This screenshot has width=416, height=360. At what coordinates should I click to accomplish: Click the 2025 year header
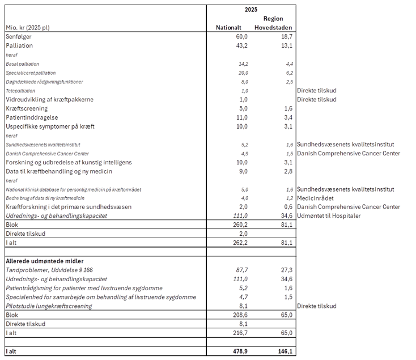click(251, 10)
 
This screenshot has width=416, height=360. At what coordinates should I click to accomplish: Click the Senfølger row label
click(18, 37)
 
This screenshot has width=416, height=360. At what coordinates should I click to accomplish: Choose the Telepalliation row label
click(20, 91)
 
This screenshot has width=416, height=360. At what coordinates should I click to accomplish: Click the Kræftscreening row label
click(27, 108)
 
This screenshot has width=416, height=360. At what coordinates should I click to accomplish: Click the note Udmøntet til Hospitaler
click(329, 216)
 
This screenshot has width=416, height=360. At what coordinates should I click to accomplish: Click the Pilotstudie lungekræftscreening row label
click(49, 306)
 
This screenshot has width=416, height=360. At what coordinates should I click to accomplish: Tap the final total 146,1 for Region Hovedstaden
click(285, 351)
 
